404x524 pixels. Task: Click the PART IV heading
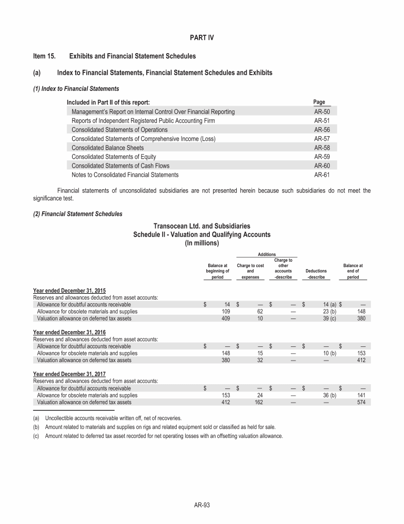point(201,38)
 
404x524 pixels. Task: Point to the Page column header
point(319,102)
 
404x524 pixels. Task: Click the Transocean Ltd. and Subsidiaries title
point(201,226)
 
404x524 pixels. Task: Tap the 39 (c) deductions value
point(329,318)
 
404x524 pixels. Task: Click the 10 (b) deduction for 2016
point(329,353)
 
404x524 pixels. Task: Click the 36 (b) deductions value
point(329,395)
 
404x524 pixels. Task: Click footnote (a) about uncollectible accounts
point(113,418)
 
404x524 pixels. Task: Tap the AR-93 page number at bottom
point(202,505)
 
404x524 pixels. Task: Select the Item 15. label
point(45,55)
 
